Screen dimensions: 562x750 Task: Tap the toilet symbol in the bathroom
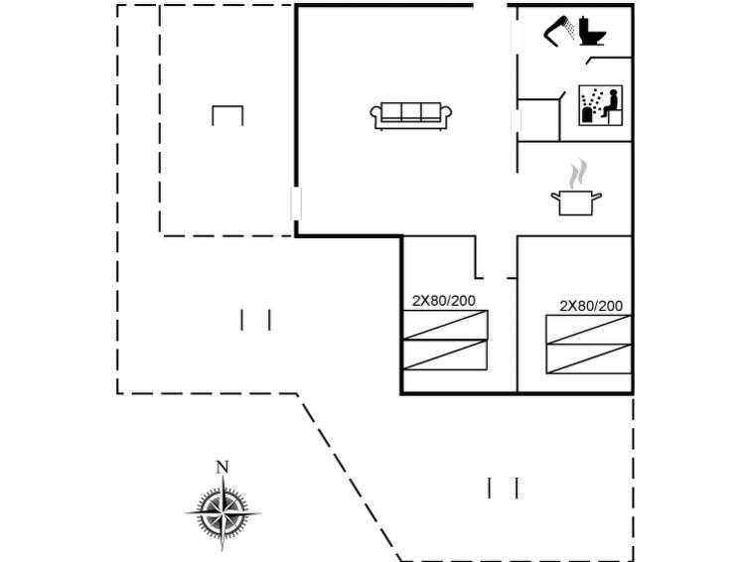592,32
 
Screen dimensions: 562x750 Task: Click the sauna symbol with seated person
600,104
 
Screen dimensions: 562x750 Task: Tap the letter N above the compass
223,467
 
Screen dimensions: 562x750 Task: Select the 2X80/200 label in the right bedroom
590,306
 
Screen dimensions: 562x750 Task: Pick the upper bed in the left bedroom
445,325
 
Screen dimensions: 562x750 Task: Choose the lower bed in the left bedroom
445,354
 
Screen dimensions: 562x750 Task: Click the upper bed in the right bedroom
588,330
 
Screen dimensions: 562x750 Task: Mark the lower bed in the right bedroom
588,358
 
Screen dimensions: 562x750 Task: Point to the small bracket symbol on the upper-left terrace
227,114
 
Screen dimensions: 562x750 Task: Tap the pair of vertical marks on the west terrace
255,320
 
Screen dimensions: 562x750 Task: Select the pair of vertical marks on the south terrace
503,488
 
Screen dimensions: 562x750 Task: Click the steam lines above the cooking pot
577,174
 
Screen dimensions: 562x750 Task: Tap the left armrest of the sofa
377,116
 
